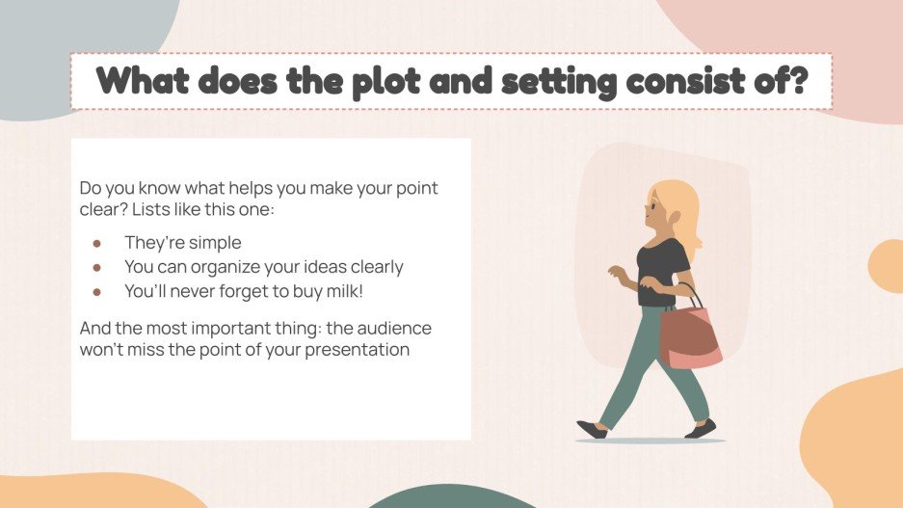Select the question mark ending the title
tap(797, 81)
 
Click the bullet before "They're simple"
tap(96, 243)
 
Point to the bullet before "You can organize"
tap(96, 267)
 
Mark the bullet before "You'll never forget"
tap(96, 291)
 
